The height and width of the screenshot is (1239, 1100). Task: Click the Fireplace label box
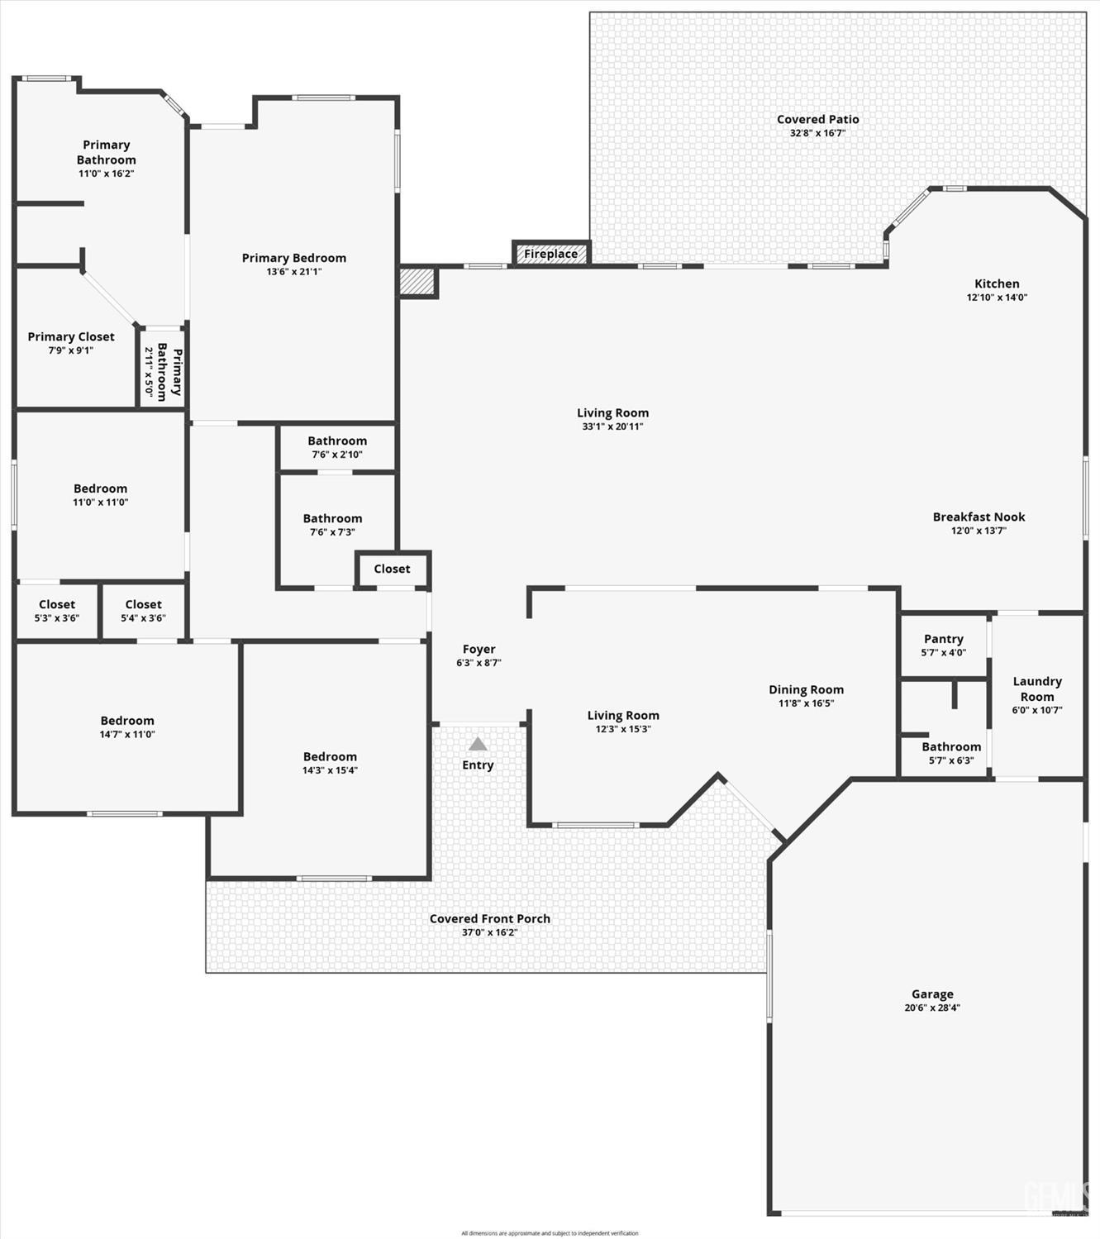tap(551, 254)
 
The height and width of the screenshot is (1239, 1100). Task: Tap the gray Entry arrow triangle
tap(478, 744)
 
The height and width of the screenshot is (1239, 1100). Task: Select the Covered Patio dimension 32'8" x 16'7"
tap(817, 133)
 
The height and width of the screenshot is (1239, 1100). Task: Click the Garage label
tap(932, 994)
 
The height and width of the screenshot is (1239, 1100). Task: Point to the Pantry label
tap(943, 639)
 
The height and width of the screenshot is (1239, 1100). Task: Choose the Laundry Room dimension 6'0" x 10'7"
tap(1037, 710)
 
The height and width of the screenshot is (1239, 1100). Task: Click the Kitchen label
tap(997, 284)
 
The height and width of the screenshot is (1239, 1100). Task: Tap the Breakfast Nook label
tap(979, 517)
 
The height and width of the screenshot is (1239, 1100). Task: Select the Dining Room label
tap(806, 689)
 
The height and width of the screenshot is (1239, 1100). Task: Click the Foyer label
tap(479, 650)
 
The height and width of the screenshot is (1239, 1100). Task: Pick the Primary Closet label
tap(71, 336)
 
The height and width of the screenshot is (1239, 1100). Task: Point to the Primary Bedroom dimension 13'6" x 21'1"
tap(294, 271)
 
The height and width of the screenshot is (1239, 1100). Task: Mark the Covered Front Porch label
tap(489, 918)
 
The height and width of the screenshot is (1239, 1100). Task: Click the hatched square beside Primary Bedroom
tap(418, 282)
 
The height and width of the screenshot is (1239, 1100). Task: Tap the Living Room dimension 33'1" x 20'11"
tap(612, 427)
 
